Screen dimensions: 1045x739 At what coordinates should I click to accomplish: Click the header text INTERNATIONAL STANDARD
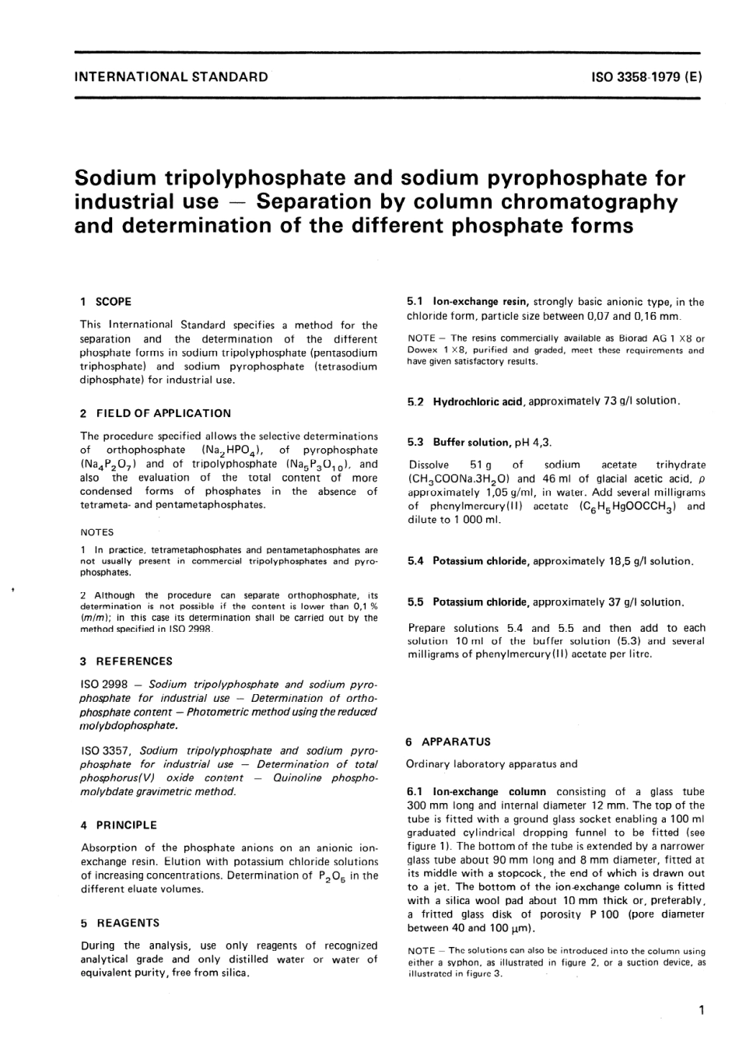[171, 76]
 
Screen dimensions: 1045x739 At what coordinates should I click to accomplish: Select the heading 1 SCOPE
[107, 301]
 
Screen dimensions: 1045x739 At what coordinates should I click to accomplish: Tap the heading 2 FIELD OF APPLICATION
[156, 413]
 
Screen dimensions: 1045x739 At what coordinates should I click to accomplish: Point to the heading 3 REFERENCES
[127, 661]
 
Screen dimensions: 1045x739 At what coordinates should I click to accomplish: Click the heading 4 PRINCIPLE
[119, 825]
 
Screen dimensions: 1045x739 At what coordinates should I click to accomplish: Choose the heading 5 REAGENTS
[120, 922]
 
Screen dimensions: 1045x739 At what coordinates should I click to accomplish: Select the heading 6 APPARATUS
[448, 742]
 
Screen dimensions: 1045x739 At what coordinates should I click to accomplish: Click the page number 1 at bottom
[701, 1011]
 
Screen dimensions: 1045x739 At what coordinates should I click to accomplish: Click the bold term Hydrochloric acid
[477, 402]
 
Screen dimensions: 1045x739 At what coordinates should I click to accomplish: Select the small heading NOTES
[97, 532]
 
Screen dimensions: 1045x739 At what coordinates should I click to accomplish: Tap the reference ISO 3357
[109, 751]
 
